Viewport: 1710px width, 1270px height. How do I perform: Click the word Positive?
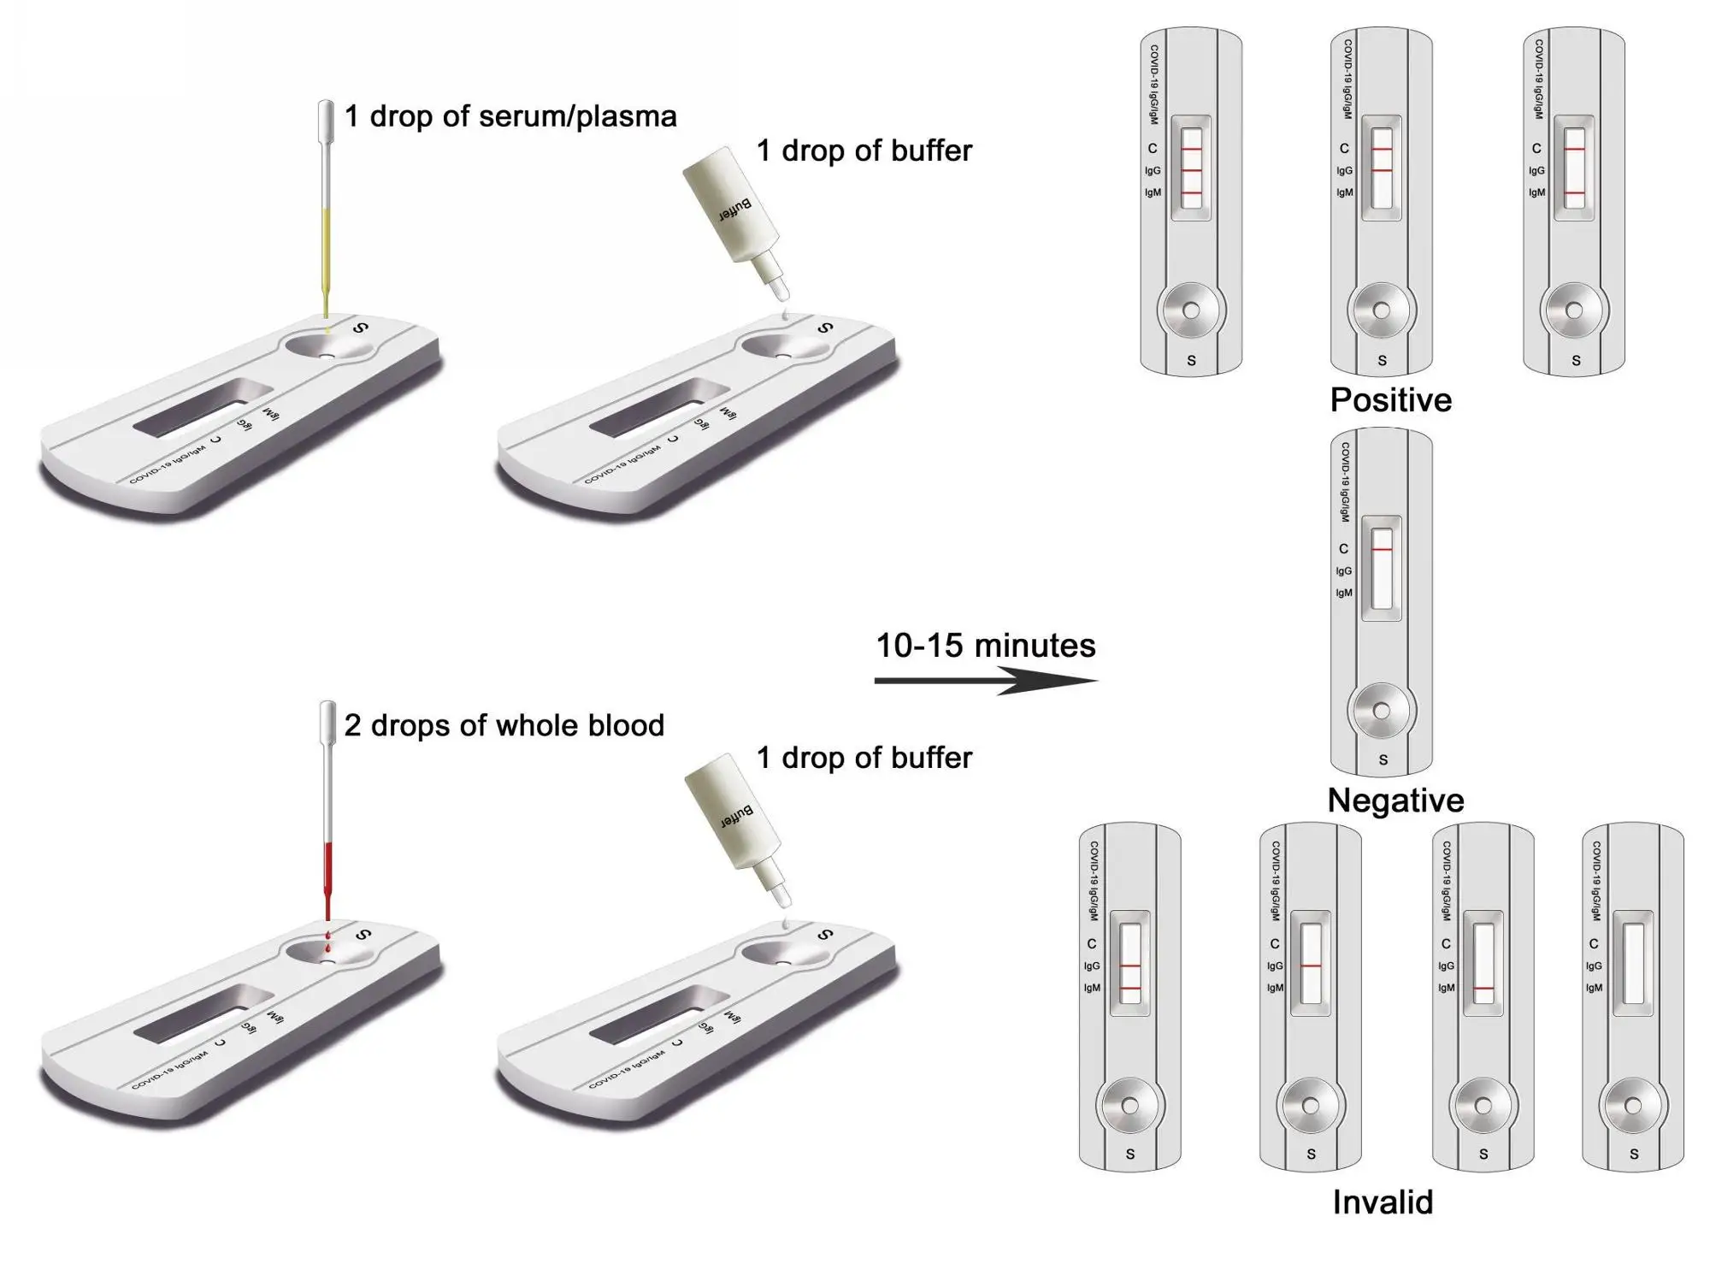point(1391,400)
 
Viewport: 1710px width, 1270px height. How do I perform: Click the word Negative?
point(1395,800)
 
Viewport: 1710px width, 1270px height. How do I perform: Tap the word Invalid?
point(1383,1202)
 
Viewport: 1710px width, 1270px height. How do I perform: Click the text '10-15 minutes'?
point(985,646)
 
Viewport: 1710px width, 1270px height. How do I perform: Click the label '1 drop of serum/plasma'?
point(510,116)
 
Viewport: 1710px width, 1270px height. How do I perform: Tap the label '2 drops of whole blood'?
point(504,725)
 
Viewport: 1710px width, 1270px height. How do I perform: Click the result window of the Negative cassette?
point(1382,568)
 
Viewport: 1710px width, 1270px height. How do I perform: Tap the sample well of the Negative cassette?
point(1382,711)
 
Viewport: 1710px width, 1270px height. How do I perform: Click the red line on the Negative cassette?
point(1382,549)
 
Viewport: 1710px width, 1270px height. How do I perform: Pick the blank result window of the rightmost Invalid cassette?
point(1633,963)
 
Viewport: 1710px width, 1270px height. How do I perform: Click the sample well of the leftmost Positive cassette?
point(1191,310)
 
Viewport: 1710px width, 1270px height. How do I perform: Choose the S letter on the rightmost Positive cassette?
point(1576,361)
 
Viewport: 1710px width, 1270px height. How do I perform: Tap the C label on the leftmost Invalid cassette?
point(1091,943)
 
